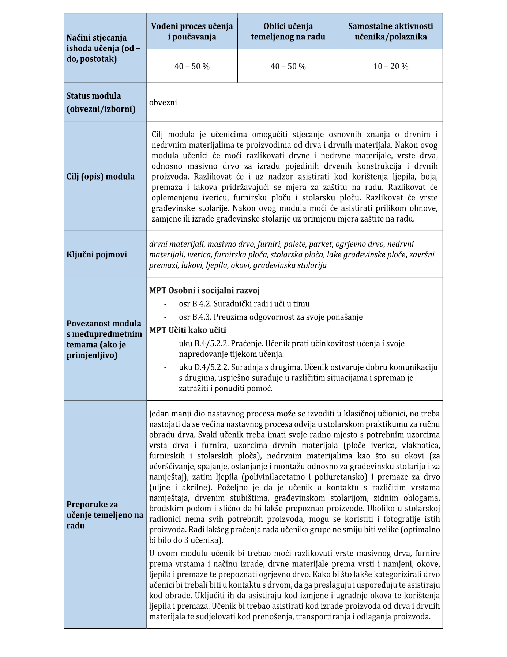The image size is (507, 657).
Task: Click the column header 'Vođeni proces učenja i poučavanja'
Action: pos(192,31)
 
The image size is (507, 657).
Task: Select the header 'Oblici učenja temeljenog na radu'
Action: pos(288,31)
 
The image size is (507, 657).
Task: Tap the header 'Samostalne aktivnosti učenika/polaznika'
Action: pos(390,31)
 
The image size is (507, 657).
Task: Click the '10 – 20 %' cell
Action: pos(391,67)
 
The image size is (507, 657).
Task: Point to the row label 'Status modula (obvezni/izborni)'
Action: pos(101,102)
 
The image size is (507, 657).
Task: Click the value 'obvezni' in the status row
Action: pos(163,103)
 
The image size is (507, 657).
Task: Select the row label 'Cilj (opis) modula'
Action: pos(101,177)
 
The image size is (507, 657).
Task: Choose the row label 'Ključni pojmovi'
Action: pos(97,254)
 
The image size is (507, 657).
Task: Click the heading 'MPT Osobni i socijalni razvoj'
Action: pos(204,291)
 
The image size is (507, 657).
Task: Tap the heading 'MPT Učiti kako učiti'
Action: pos(188,330)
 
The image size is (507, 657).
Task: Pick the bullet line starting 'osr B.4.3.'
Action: pos(271,317)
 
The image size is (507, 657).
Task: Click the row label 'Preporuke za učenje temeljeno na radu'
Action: pos(105,515)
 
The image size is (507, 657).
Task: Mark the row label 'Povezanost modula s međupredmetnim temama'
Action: pos(104,339)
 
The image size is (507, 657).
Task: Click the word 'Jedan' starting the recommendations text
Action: pos(159,414)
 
